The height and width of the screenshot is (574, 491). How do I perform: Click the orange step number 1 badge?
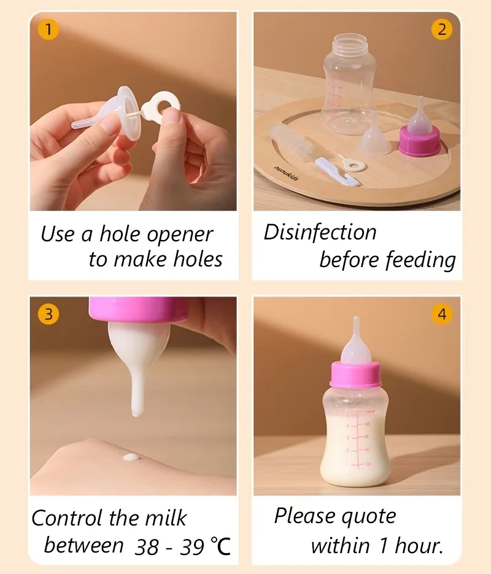pos(48,29)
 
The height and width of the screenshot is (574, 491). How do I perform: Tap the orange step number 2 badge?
pos(442,29)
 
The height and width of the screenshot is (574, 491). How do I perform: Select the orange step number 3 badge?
pos(48,314)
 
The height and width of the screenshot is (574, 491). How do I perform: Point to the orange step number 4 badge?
pos(442,314)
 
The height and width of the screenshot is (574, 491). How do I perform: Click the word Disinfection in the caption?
pos(320,232)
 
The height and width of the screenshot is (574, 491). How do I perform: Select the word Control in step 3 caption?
pos(67,518)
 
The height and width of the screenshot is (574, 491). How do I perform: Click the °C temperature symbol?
pos(220,546)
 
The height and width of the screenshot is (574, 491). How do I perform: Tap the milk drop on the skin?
pos(131,457)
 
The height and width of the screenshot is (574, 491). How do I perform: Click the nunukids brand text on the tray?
pos(286,173)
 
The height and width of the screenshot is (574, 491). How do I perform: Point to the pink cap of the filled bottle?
pos(355,374)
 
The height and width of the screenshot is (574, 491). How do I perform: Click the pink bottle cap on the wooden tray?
pos(420,141)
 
